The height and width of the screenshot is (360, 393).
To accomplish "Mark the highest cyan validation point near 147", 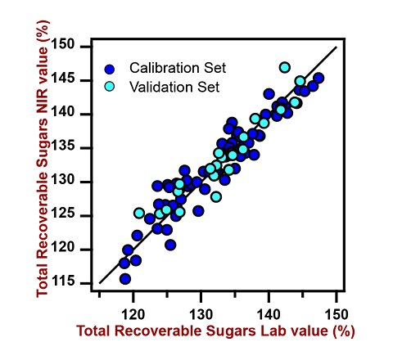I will [285, 67].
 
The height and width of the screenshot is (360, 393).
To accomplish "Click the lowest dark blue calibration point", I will [125, 278].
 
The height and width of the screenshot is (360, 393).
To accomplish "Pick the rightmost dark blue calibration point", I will [318, 79].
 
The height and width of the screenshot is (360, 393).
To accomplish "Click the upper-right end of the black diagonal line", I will [336, 47].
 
